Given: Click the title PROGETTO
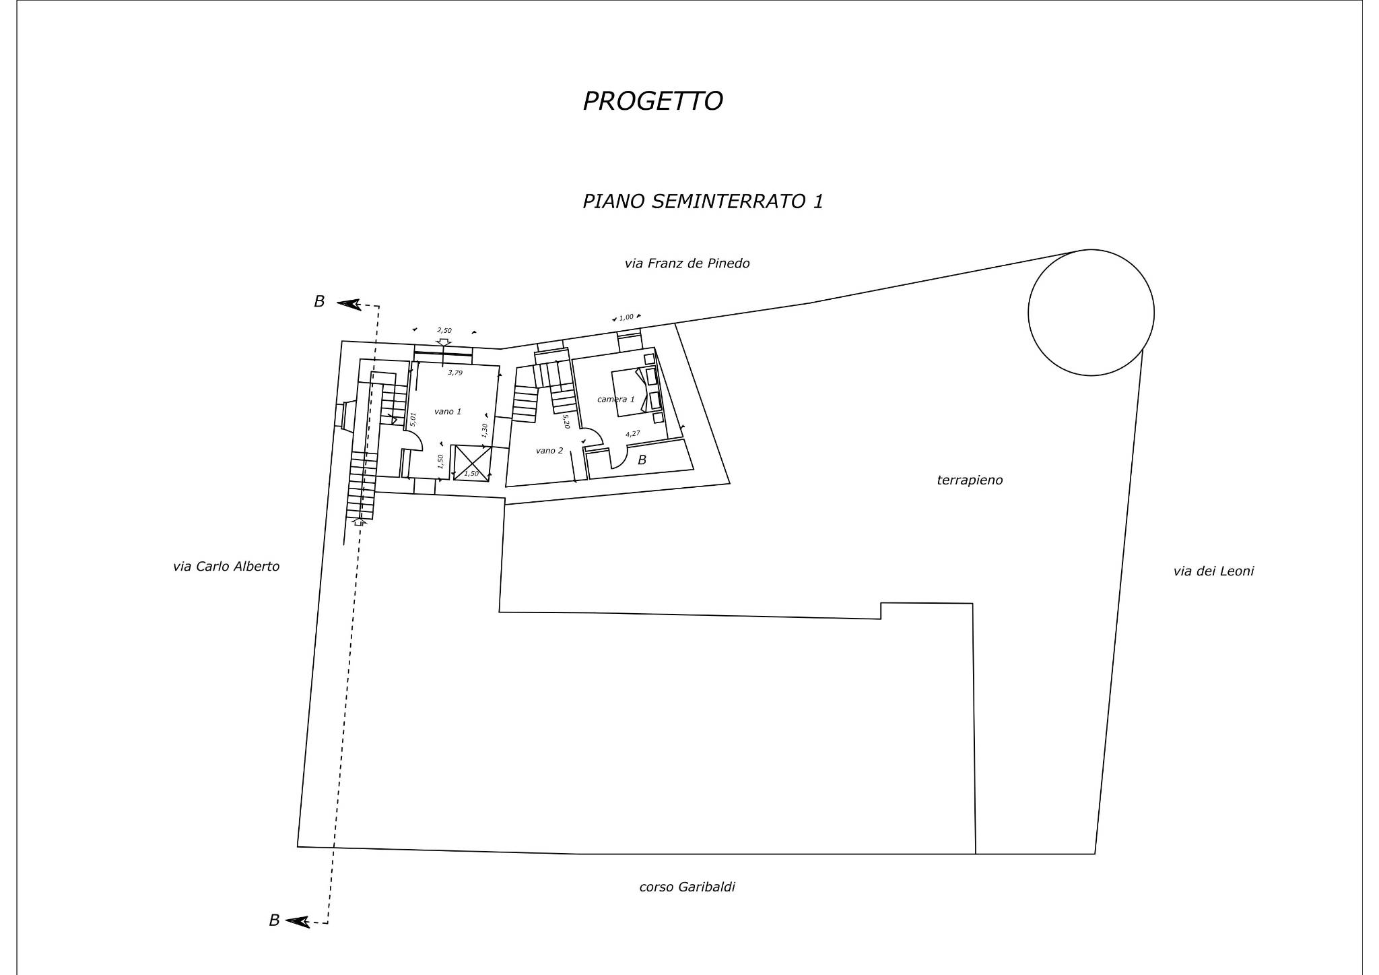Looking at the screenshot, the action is (x=652, y=101).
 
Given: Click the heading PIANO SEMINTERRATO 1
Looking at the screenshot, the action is (x=703, y=201).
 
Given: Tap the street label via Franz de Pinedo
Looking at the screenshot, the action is (x=687, y=263).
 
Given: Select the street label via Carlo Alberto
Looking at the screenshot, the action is (x=226, y=567).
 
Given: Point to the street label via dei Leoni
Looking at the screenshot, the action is (x=1213, y=571).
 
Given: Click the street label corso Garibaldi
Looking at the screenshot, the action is (x=687, y=887).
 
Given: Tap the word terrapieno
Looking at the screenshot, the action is (x=970, y=480).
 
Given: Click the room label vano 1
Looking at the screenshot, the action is (x=448, y=411).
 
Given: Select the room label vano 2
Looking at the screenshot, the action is (x=549, y=450).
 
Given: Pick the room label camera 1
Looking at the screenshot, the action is (x=615, y=399).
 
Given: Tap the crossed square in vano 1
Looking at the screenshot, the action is (x=472, y=462).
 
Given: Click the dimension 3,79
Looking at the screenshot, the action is (x=456, y=372).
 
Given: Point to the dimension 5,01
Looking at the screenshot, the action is (x=413, y=419).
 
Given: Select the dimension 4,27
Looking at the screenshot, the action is (x=632, y=434).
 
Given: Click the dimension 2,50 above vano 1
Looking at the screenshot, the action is (x=444, y=330).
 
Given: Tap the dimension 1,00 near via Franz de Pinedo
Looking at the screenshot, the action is (x=626, y=317).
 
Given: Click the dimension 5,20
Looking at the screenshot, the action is (x=566, y=422).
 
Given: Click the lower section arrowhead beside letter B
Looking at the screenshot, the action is (x=298, y=921).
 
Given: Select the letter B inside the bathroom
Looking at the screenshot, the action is (x=642, y=460).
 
